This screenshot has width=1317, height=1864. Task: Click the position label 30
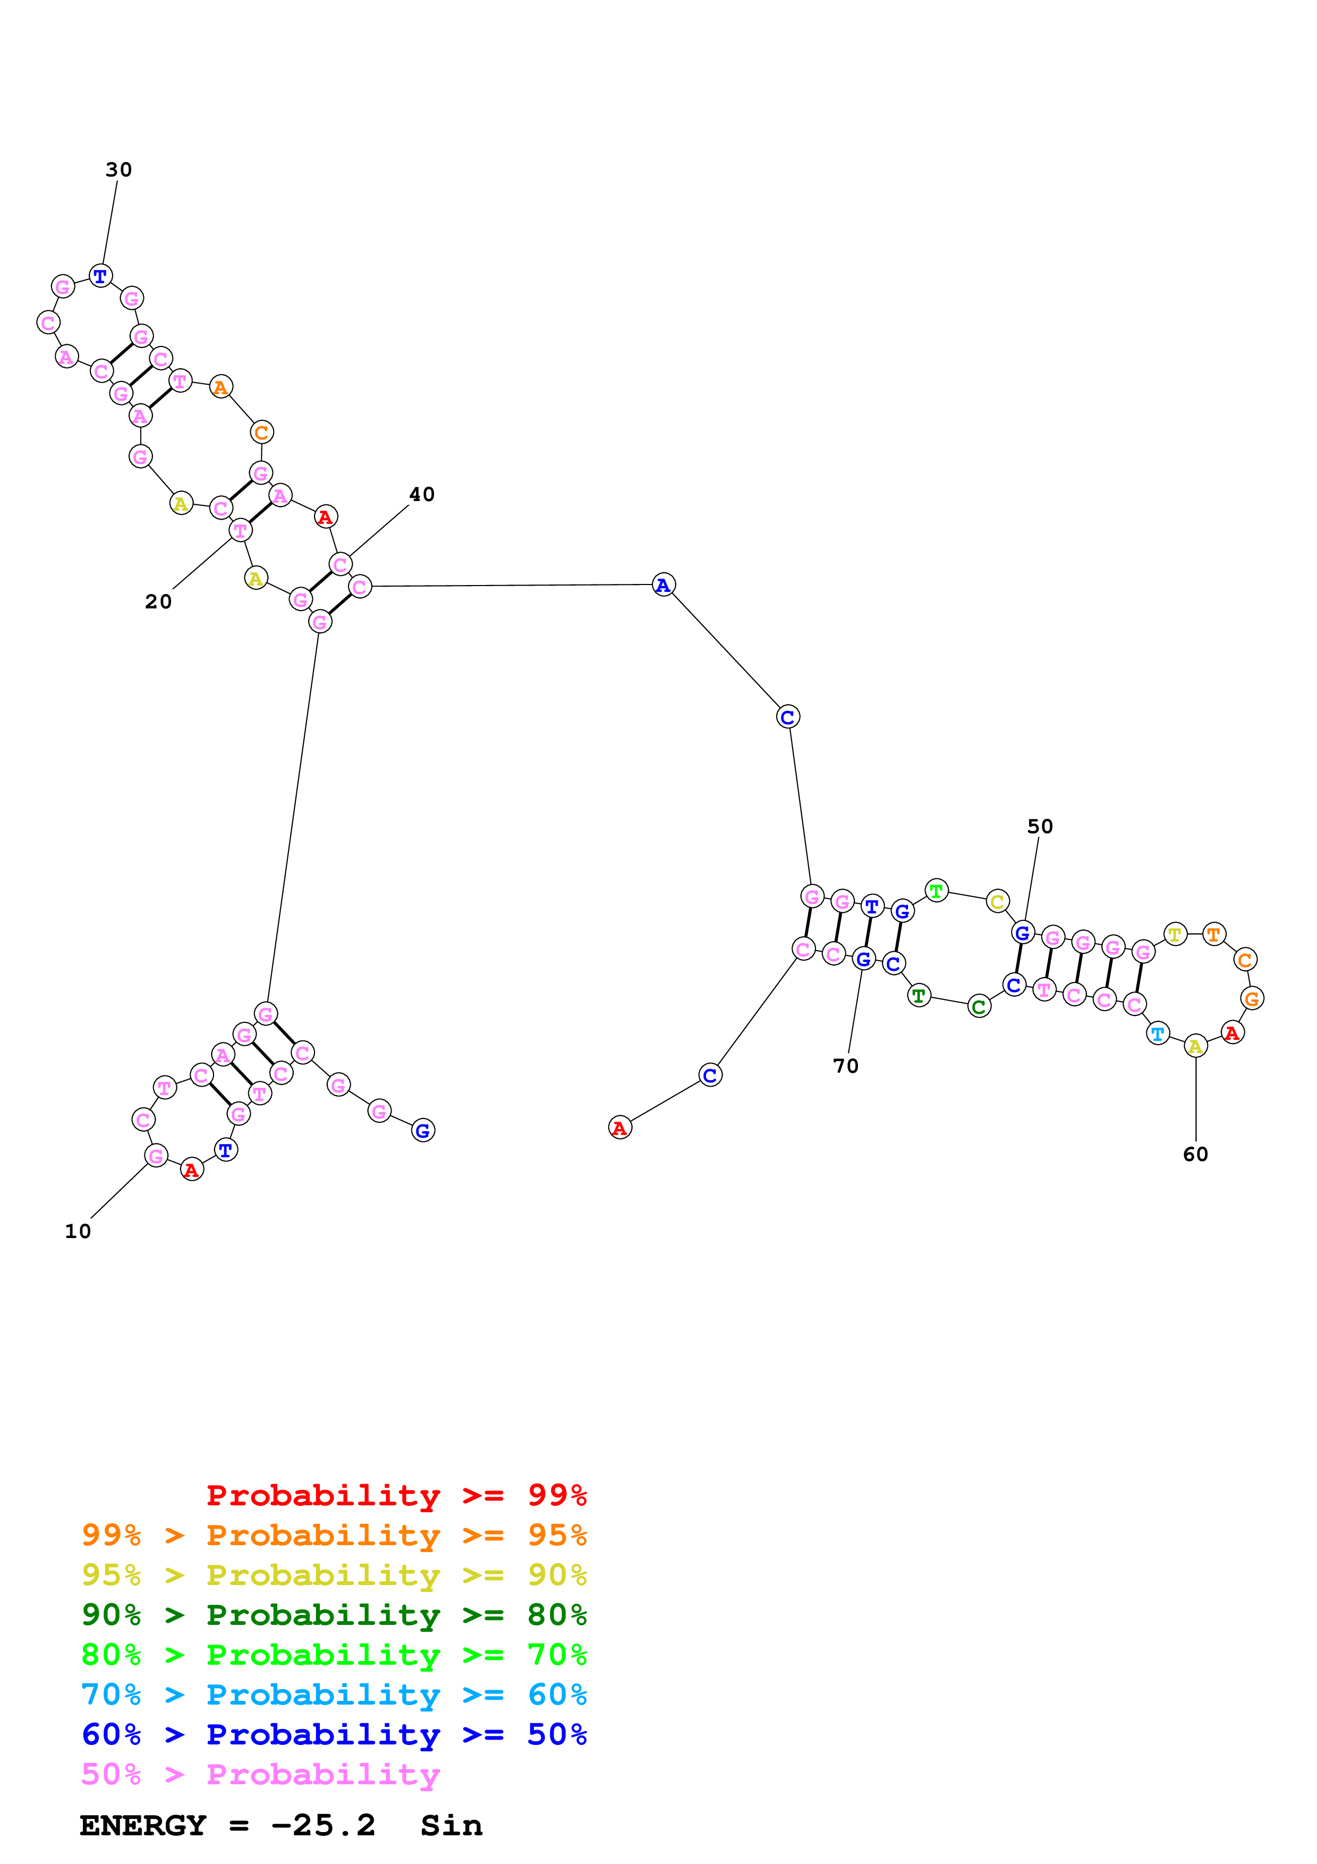click(x=118, y=170)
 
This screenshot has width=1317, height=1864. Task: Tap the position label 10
click(x=78, y=1232)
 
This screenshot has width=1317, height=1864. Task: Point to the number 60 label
click(x=1195, y=1155)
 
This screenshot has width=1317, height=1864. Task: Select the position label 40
click(x=422, y=494)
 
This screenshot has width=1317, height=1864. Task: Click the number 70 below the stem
click(x=846, y=1066)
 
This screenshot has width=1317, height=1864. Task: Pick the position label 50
click(x=1040, y=826)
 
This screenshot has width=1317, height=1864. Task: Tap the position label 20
click(x=158, y=601)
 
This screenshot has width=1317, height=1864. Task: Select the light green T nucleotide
click(x=937, y=891)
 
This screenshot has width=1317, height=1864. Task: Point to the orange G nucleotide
click(x=1252, y=998)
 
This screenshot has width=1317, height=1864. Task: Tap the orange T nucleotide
click(x=1213, y=935)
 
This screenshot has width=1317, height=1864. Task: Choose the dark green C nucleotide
click(x=980, y=1007)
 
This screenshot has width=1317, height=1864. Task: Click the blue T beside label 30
click(x=100, y=276)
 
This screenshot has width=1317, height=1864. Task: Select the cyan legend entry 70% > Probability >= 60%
click(x=334, y=1694)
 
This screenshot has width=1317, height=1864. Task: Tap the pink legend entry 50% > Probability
click(x=260, y=1774)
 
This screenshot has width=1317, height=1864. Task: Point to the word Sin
click(x=451, y=1825)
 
